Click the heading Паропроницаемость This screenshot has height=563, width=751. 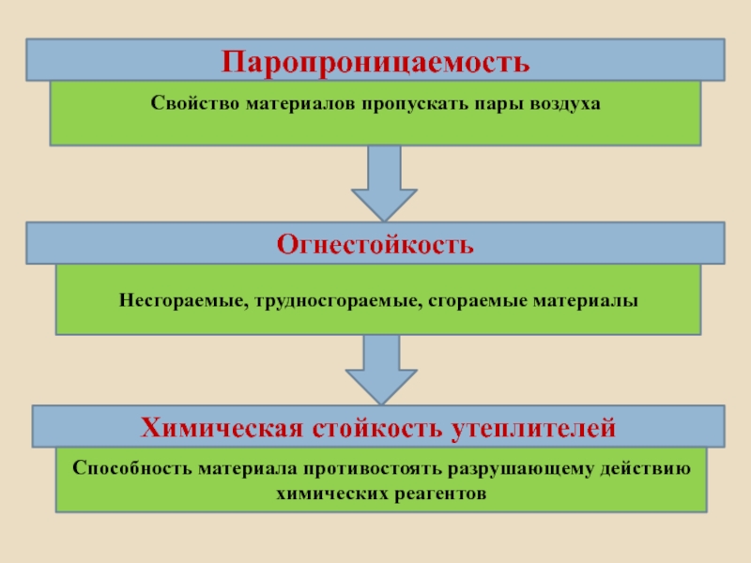[375, 63]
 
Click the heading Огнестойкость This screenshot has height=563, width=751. [375, 245]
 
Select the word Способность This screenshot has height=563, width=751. [130, 468]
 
